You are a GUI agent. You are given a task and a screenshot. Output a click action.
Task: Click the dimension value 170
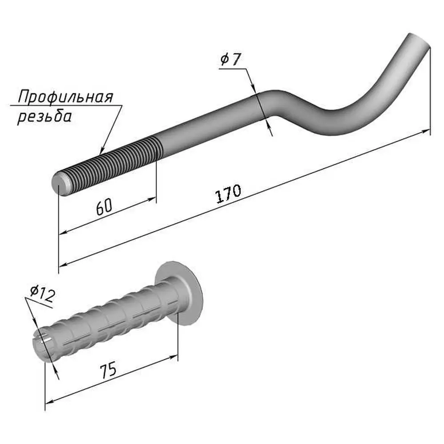[x=228, y=194]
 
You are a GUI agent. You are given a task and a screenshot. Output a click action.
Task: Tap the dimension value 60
[x=104, y=207]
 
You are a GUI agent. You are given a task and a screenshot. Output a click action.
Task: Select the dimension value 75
[x=108, y=370]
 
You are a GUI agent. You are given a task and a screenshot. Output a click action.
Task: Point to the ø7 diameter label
[x=230, y=59]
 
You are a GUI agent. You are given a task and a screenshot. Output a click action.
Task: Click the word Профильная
[x=65, y=97]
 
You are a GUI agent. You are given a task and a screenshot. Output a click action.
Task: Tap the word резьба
[x=44, y=116]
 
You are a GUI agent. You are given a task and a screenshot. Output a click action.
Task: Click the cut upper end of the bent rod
[x=419, y=40]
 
